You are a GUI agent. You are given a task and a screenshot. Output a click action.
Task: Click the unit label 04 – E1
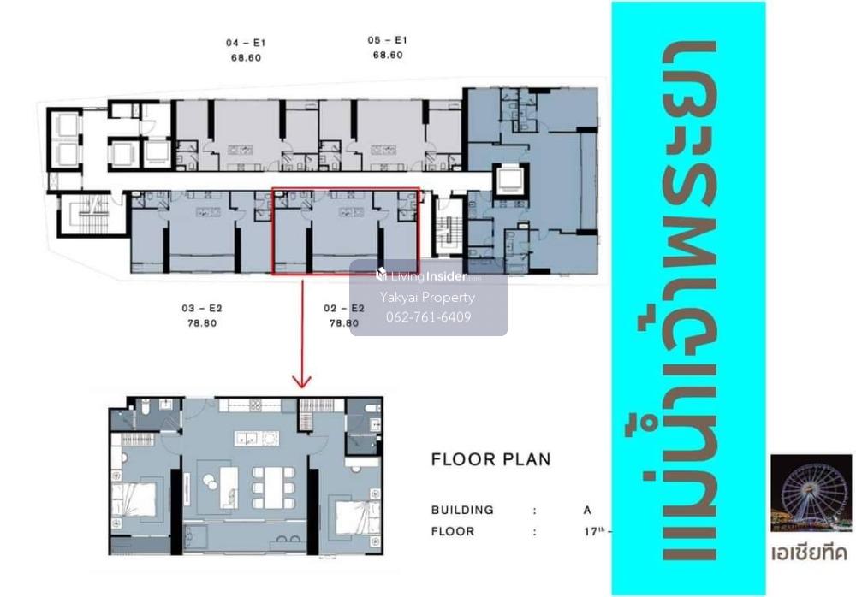[x=246, y=43]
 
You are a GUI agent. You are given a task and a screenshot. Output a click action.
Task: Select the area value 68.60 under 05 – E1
[x=388, y=55]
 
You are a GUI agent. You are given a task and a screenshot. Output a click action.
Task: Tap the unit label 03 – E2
[x=202, y=308]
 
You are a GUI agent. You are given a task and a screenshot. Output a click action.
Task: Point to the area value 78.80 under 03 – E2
[x=202, y=323]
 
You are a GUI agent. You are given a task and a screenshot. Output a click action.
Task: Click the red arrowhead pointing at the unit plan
[x=302, y=381]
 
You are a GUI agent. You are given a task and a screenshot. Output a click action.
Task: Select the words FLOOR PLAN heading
[x=490, y=459]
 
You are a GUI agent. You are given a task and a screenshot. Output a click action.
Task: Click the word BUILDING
[x=462, y=510]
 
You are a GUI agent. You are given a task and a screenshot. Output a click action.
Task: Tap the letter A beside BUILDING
[x=587, y=510]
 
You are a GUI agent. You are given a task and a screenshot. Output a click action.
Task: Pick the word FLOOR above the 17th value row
[x=453, y=531]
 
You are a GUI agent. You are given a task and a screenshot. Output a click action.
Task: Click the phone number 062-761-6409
[x=429, y=317]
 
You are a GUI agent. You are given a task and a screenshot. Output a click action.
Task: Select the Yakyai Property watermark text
[x=427, y=298]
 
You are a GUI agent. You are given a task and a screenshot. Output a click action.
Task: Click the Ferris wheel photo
[x=811, y=494]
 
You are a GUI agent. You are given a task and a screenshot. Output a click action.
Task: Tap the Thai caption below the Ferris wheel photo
[x=810, y=553]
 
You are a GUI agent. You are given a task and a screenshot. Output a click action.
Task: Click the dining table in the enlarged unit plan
[x=274, y=488]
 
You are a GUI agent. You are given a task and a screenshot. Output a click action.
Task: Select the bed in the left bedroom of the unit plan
[x=134, y=500]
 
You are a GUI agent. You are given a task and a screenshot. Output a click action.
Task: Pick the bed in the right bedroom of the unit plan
[x=356, y=517]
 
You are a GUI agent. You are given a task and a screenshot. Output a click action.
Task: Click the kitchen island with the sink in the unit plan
[x=257, y=438]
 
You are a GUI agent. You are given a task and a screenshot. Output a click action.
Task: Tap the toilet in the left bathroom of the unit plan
[x=146, y=406]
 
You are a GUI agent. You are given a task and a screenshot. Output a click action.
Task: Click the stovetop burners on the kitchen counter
[x=254, y=405]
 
